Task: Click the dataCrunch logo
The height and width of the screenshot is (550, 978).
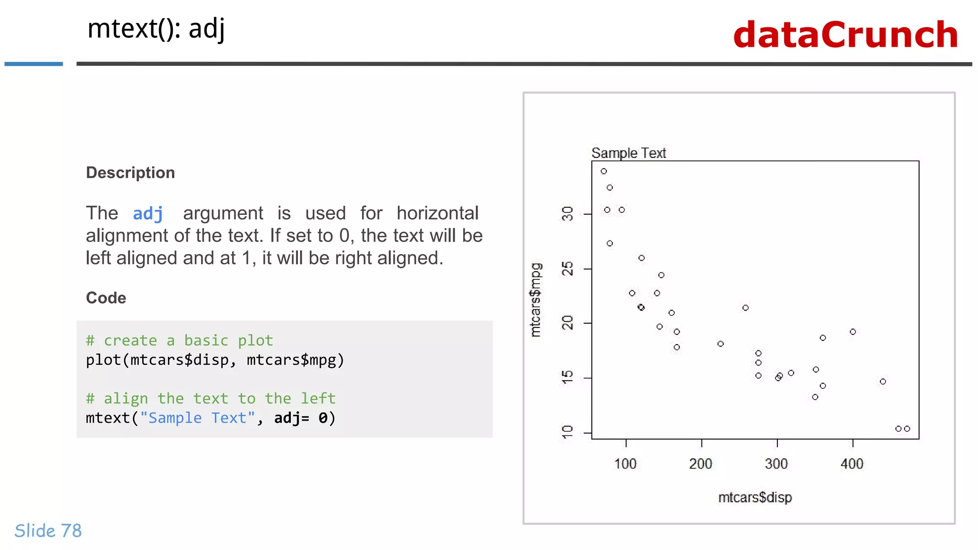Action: [x=845, y=35]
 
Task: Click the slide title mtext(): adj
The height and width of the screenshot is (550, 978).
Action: [x=156, y=29]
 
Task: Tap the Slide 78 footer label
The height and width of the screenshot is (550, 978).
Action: [x=48, y=530]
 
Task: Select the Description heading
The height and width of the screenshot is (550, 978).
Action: [x=130, y=172]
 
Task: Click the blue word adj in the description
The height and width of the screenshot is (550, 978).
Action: [x=148, y=213]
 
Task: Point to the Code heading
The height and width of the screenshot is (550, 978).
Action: [x=106, y=297]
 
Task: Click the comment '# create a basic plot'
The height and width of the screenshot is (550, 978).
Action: [x=179, y=340]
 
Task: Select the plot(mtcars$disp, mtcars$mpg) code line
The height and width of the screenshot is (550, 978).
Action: [x=215, y=360]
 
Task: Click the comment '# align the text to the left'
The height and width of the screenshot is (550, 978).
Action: [x=211, y=398]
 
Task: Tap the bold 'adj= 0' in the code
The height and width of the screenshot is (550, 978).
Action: [x=301, y=418]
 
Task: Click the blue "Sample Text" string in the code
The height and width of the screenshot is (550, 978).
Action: [x=197, y=418]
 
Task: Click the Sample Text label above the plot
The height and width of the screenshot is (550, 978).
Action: [x=628, y=153]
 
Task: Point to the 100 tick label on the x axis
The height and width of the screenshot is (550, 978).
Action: [x=625, y=464]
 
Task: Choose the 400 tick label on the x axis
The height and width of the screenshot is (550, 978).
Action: [x=852, y=464]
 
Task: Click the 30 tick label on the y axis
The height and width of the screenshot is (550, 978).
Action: [x=567, y=213]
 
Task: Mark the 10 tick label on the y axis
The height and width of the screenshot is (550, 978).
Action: [x=567, y=432]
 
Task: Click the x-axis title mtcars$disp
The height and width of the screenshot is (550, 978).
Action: [x=755, y=497]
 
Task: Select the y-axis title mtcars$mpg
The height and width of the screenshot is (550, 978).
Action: [x=536, y=300]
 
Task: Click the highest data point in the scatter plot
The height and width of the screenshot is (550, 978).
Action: [x=604, y=171]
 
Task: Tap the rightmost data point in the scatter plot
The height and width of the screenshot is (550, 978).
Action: [x=907, y=429]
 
